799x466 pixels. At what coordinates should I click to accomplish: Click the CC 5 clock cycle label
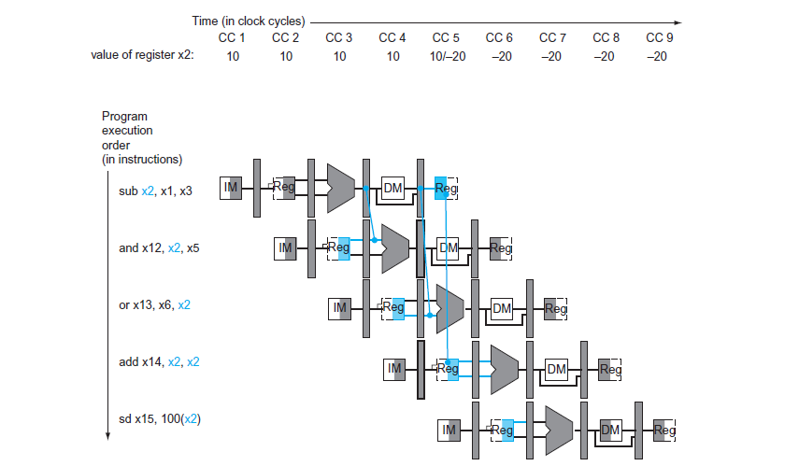point(446,38)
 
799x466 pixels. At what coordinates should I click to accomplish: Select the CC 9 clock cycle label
point(660,38)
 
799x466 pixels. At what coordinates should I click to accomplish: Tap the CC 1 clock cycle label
point(232,38)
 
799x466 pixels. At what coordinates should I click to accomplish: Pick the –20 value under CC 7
point(552,55)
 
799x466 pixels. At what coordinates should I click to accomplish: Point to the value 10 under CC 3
point(339,55)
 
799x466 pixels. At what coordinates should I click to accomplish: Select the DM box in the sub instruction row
point(393,189)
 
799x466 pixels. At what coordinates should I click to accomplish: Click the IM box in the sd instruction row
point(449,430)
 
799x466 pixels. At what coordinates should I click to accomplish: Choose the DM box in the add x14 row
point(557,370)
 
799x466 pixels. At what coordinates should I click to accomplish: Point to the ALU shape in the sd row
point(558,430)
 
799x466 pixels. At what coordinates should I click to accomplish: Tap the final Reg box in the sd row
point(664,430)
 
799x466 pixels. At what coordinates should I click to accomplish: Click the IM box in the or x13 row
point(340,308)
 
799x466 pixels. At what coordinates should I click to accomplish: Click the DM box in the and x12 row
point(449,248)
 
